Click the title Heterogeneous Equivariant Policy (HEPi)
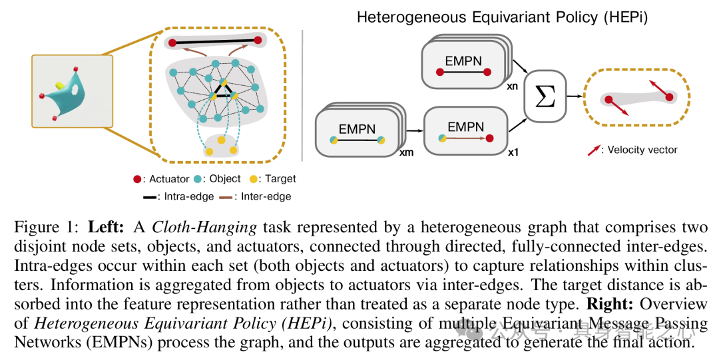[502, 17]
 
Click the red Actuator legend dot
[136, 178]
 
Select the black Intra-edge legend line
[150, 197]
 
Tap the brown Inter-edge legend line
[224, 197]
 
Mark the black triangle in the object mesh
[224, 92]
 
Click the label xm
[406, 153]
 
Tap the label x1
[514, 153]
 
